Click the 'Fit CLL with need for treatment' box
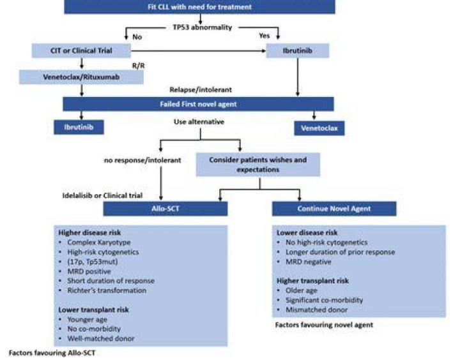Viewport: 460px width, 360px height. coord(199,7)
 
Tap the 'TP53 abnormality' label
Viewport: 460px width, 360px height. coord(203,27)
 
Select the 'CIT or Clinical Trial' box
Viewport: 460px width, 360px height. coord(81,50)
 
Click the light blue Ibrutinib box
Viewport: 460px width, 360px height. coord(298,50)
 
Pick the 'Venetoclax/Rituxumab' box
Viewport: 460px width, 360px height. coord(81,77)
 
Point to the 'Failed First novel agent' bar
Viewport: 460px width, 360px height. coord(198,104)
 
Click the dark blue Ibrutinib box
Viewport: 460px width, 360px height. coord(79,127)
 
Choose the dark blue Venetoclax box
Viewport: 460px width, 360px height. coord(319,128)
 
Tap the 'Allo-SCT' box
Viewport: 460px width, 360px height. coord(165,209)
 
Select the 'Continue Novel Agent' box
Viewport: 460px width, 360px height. coord(334,209)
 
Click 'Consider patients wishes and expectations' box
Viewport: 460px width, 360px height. coord(258,165)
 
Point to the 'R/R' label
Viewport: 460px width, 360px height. coord(139,66)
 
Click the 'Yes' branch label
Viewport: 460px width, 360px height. coord(264,36)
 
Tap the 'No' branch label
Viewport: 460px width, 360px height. coord(137,37)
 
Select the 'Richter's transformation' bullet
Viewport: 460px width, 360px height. coord(107,290)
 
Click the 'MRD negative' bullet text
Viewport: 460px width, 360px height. coord(309,262)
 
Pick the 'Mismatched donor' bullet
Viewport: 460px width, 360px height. coord(316,310)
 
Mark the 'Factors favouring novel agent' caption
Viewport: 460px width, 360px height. coord(324,325)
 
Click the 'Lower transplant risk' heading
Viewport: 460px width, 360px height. coord(93,310)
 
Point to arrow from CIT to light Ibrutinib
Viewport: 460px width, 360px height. coord(198,50)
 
